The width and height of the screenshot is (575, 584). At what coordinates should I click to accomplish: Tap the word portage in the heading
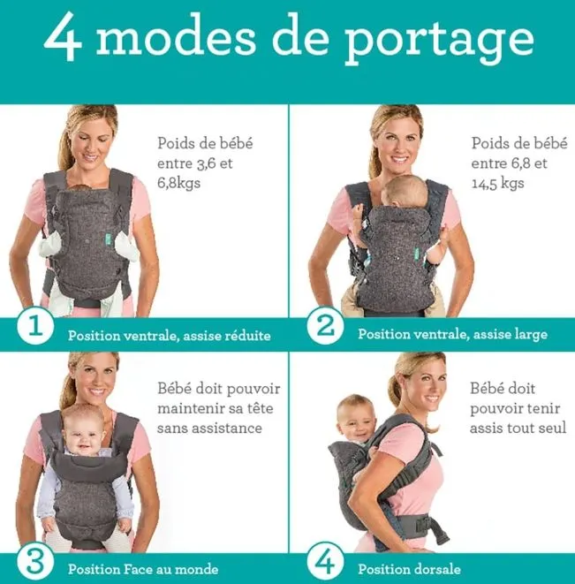[439, 41]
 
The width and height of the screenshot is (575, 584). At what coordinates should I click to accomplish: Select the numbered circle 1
[35, 325]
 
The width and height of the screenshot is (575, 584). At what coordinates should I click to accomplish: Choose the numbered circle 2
[326, 325]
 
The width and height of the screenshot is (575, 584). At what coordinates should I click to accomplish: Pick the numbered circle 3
[35, 561]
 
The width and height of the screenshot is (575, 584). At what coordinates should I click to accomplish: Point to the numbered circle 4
[326, 561]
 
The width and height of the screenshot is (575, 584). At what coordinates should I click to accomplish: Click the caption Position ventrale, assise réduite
[170, 336]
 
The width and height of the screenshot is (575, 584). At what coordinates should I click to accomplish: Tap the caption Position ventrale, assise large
[452, 335]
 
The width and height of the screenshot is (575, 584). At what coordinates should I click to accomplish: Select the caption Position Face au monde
[143, 569]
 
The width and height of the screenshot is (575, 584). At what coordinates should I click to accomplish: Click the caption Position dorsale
[409, 569]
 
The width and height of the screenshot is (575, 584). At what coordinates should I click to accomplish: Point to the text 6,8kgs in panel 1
[178, 183]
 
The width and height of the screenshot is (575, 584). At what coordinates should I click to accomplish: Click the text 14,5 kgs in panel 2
[498, 183]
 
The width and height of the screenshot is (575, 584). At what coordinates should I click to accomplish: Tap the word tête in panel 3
[261, 408]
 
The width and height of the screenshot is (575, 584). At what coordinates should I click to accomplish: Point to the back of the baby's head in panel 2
[405, 193]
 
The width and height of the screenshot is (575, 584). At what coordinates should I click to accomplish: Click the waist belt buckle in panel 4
[423, 524]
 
